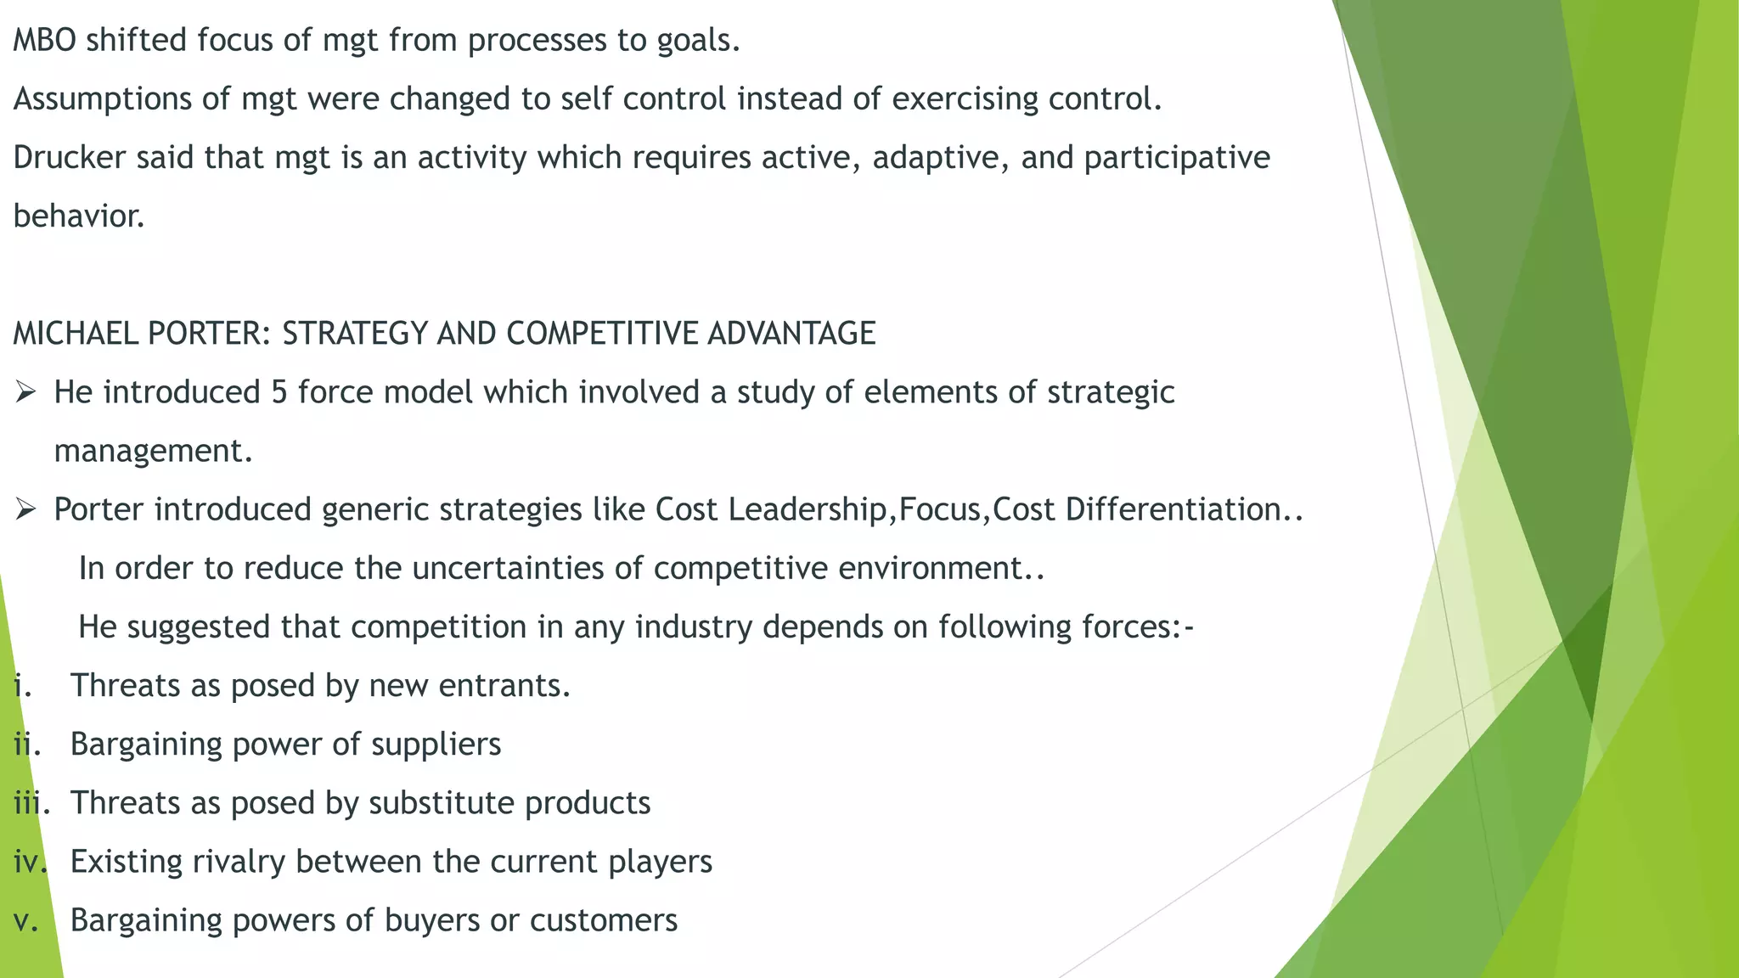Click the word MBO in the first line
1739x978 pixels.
[x=44, y=40]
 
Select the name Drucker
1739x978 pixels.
[x=70, y=158]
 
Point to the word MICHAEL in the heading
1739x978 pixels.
[x=76, y=334]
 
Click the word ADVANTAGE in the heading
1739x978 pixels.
[x=791, y=334]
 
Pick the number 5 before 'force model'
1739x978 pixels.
[x=279, y=392]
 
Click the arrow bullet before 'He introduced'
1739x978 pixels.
[x=25, y=392]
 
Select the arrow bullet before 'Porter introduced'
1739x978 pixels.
[x=25, y=509]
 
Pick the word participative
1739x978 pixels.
[x=1177, y=158]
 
